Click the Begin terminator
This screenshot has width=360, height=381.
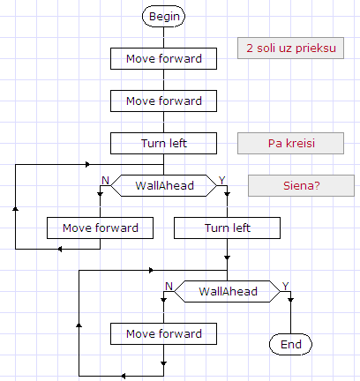pyautogui.click(x=163, y=16)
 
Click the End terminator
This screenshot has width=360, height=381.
pyautogui.click(x=290, y=343)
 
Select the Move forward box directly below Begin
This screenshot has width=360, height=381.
pyautogui.click(x=163, y=59)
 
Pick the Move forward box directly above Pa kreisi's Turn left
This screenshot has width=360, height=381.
pyautogui.click(x=163, y=101)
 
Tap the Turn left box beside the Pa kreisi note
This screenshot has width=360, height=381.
pyautogui.click(x=163, y=143)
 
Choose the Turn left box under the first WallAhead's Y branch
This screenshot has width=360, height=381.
pyautogui.click(x=227, y=228)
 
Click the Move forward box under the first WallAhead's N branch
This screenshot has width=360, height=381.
pyautogui.click(x=100, y=228)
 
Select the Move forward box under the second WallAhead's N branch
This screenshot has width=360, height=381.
pyautogui.click(x=163, y=334)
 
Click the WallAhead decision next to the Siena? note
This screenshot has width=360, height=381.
pyautogui.click(x=163, y=185)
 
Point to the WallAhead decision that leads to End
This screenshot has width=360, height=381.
pyautogui.click(x=227, y=292)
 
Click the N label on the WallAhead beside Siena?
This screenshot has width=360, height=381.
pyautogui.click(x=105, y=180)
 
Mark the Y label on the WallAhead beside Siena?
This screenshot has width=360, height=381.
pyautogui.click(x=221, y=180)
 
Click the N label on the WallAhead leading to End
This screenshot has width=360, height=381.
pyautogui.click(x=169, y=286)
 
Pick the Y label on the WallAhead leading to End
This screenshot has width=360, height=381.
pyautogui.click(x=285, y=286)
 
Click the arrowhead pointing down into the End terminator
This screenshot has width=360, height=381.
pyautogui.click(x=290, y=329)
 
